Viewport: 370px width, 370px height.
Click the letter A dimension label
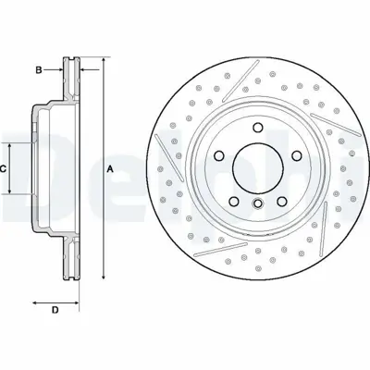pyautogui.click(x=110, y=169)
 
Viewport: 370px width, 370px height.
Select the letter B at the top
pyautogui.click(x=40, y=69)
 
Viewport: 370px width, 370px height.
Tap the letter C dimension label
pyautogui.click(x=4, y=168)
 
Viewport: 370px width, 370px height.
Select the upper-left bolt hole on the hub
pyautogui.click(x=222, y=154)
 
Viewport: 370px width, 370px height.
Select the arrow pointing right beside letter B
pyautogui.click(x=58, y=69)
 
